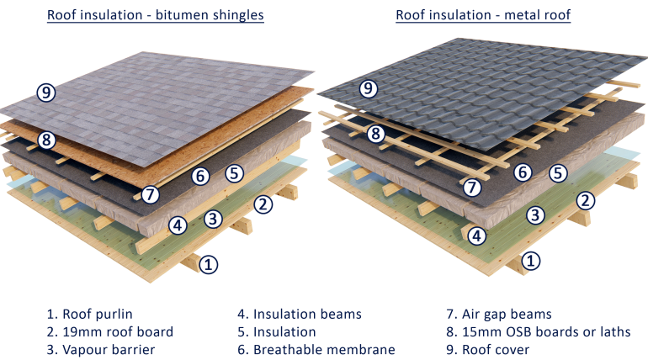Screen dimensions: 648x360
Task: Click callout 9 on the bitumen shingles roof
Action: [x=46, y=93]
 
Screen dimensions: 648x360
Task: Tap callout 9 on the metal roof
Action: [x=369, y=88]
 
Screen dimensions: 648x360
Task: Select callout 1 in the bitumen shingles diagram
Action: [x=209, y=264]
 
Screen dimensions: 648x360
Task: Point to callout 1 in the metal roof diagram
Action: [x=531, y=261]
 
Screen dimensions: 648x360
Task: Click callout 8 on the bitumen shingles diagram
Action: [x=46, y=140]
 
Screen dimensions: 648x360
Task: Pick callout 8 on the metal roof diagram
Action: [x=375, y=134]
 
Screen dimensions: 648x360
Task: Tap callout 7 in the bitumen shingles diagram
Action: [x=150, y=194]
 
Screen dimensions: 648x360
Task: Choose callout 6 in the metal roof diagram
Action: [x=523, y=172]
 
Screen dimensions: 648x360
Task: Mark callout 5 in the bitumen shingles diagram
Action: [x=234, y=173]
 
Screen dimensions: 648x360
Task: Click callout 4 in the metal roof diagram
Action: [x=477, y=236]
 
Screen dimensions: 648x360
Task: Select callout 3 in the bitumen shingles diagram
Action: [x=213, y=219]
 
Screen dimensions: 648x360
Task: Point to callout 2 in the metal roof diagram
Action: [x=585, y=201]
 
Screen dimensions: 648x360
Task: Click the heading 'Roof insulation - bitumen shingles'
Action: [x=156, y=15]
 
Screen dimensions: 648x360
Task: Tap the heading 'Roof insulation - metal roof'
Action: [x=483, y=15]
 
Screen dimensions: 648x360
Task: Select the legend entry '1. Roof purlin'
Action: [x=90, y=315]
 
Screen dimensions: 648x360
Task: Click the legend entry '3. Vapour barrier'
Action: [x=101, y=350]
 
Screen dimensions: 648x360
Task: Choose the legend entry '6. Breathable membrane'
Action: [x=316, y=350]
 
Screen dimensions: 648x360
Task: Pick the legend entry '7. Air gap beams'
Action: [x=499, y=315]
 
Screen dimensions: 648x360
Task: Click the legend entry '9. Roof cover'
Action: [x=487, y=350]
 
